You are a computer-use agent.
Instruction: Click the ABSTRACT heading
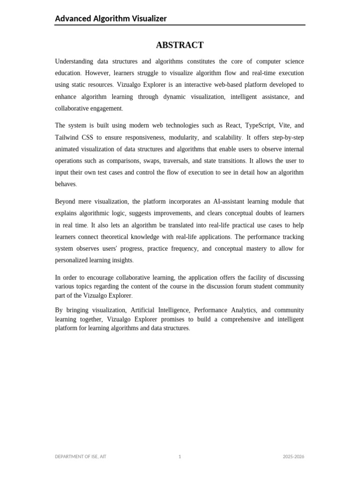tap(180, 45)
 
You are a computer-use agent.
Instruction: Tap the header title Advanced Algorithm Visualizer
tap(111, 19)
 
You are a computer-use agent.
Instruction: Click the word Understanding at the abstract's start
tap(74, 61)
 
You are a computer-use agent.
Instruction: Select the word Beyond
tap(66, 202)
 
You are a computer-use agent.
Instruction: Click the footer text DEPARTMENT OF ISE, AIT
tap(81, 457)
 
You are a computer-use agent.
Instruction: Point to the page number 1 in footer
tap(180, 457)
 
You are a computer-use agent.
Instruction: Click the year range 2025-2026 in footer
tap(293, 457)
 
